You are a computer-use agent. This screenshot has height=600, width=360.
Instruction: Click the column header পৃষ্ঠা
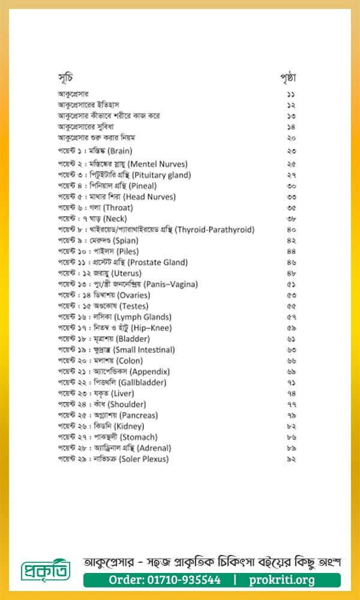tap(289, 78)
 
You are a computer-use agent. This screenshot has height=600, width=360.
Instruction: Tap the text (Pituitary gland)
tap(158, 175)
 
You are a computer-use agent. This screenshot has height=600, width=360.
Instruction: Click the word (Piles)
tap(128, 251)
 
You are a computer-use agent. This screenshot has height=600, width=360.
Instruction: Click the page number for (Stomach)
tap(291, 437)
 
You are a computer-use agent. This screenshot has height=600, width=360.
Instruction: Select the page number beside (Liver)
tap(291, 394)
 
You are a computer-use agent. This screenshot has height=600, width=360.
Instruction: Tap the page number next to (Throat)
tap(291, 208)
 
